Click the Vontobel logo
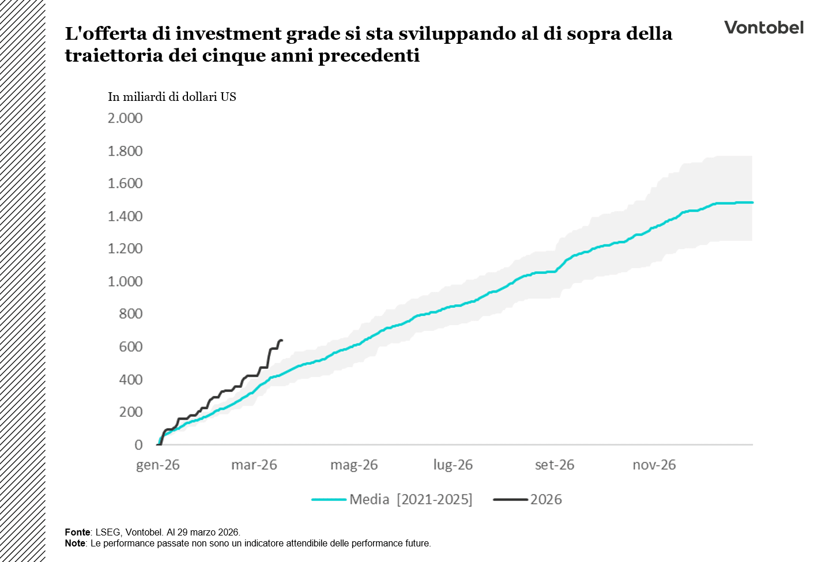click(x=763, y=28)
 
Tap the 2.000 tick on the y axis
click(x=125, y=118)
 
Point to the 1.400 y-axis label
click(x=125, y=216)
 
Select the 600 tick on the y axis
click(x=131, y=346)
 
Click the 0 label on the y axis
click(x=138, y=444)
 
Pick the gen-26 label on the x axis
click(x=158, y=465)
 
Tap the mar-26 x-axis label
click(x=254, y=465)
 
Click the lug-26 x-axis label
click(x=453, y=465)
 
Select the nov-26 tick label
click(x=654, y=465)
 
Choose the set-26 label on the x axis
click(x=555, y=465)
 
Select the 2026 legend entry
click(x=545, y=499)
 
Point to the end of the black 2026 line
click(x=281, y=341)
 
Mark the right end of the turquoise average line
click(x=752, y=202)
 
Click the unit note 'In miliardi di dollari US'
click(x=172, y=97)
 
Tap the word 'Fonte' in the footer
click(x=77, y=532)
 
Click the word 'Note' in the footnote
click(x=75, y=543)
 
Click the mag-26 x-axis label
click(x=354, y=465)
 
